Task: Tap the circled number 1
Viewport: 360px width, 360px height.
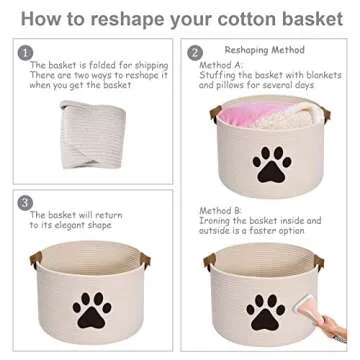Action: [26, 52]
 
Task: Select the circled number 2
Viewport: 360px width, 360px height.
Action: [195, 52]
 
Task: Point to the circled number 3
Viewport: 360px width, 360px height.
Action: [26, 203]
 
